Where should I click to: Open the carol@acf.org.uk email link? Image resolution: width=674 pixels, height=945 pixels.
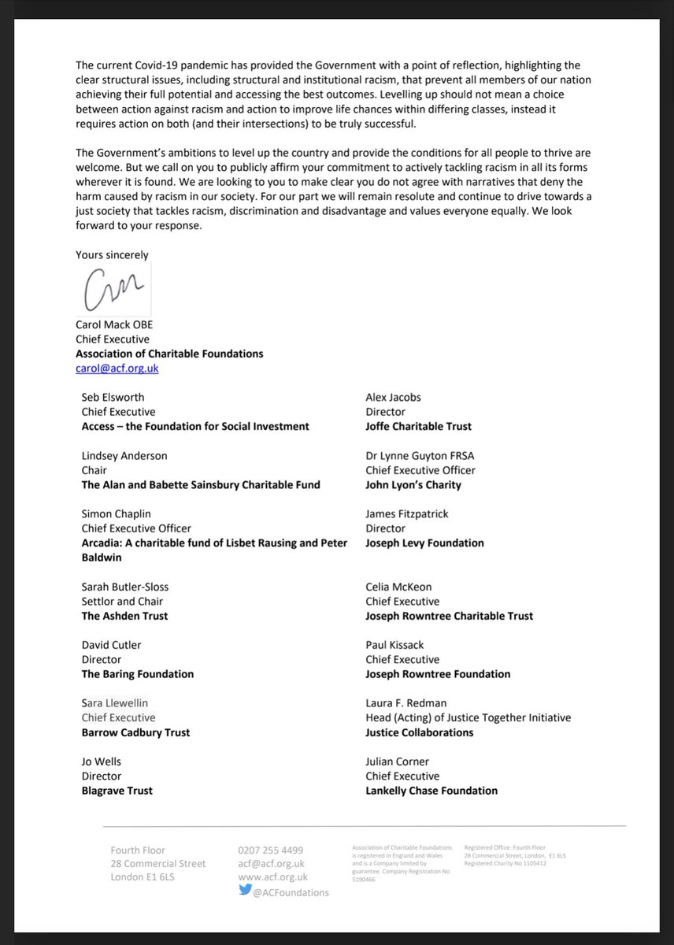coord(118,368)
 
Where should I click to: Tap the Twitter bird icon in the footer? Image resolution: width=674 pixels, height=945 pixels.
coord(245,891)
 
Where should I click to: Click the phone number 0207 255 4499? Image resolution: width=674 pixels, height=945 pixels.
coord(270,850)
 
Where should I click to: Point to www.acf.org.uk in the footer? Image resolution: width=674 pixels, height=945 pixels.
coord(272,876)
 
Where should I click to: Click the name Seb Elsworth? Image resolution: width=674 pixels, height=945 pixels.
coord(112,397)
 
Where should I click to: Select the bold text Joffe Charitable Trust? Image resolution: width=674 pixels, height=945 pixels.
coord(418,426)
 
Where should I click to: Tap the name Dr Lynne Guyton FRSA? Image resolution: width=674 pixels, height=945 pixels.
coord(420,455)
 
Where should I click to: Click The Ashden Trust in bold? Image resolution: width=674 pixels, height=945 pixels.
coord(124,616)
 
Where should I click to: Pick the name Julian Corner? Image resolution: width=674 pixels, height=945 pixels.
coord(397,762)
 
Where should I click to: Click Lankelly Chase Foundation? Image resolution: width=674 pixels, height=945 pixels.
coord(431,791)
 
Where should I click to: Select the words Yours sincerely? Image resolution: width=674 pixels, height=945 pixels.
coord(112,254)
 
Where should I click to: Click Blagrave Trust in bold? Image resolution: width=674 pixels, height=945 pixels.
coord(117,791)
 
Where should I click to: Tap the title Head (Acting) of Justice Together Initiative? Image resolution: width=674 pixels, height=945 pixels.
coord(468,717)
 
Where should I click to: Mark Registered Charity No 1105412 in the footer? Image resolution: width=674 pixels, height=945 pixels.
coord(505,863)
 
